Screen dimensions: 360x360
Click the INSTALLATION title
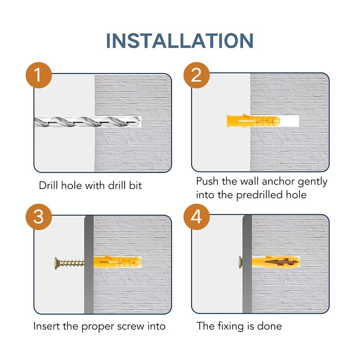[x=180, y=40]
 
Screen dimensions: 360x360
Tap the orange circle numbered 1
[x=39, y=75]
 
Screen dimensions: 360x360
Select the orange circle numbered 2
[x=197, y=75]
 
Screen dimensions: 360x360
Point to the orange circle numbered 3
[x=39, y=217]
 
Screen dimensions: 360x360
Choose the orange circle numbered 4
[x=197, y=217]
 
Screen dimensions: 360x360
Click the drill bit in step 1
[x=87, y=121]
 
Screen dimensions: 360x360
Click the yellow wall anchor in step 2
[x=253, y=121]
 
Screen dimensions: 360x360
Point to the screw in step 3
[x=69, y=263]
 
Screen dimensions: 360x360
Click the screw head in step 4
[x=241, y=262]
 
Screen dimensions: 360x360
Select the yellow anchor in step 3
[x=117, y=262]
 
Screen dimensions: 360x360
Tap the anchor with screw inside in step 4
[x=276, y=262]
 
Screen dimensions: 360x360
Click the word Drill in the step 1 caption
[x=48, y=185]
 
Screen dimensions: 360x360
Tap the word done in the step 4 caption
[x=269, y=326]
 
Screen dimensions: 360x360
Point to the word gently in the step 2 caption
[x=312, y=182]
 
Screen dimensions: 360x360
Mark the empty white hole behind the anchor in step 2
[x=289, y=121]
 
